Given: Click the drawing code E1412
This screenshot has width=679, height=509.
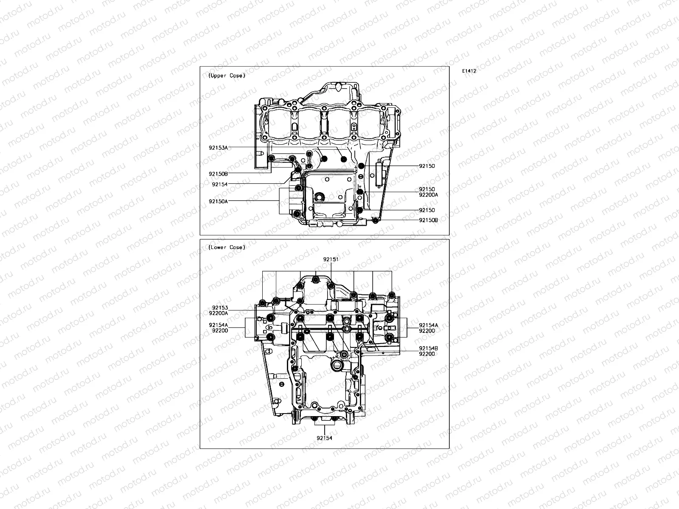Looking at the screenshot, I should (469, 71).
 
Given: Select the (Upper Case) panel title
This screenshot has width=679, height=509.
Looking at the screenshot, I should (227, 76).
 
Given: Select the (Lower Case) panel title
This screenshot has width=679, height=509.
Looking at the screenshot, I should (227, 247).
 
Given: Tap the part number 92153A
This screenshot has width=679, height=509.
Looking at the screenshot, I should (218, 147).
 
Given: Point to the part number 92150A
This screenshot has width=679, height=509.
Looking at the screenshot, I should (218, 201).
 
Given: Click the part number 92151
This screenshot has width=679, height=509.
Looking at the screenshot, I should (331, 259).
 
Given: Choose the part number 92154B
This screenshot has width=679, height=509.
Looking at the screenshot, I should (428, 348).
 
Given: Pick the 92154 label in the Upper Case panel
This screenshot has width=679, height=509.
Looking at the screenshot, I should (219, 184).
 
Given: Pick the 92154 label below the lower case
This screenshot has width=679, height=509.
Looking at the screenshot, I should (324, 438).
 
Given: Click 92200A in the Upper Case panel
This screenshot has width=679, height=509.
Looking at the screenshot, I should (428, 195).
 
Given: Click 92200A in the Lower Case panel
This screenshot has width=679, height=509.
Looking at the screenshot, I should (218, 313).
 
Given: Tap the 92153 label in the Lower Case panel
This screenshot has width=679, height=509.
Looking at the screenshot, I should (220, 308).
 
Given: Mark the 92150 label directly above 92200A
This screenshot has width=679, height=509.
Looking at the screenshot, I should (426, 189).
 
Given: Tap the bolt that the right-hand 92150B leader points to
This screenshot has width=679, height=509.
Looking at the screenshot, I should (375, 220).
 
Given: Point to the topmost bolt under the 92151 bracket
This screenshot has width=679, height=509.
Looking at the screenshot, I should (316, 280).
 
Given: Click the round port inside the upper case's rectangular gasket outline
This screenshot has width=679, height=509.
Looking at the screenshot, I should (320, 197).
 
